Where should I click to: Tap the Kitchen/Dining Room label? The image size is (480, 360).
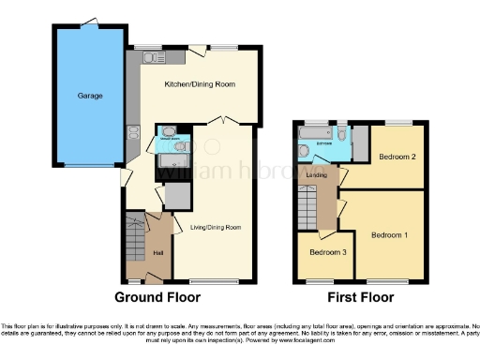click(199, 85)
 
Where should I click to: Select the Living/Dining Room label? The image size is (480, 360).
click(217, 227)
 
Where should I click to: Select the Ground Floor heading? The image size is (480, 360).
click(157, 297)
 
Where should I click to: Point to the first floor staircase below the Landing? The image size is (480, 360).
click(306, 201)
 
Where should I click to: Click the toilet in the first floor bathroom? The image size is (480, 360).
click(341, 136)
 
